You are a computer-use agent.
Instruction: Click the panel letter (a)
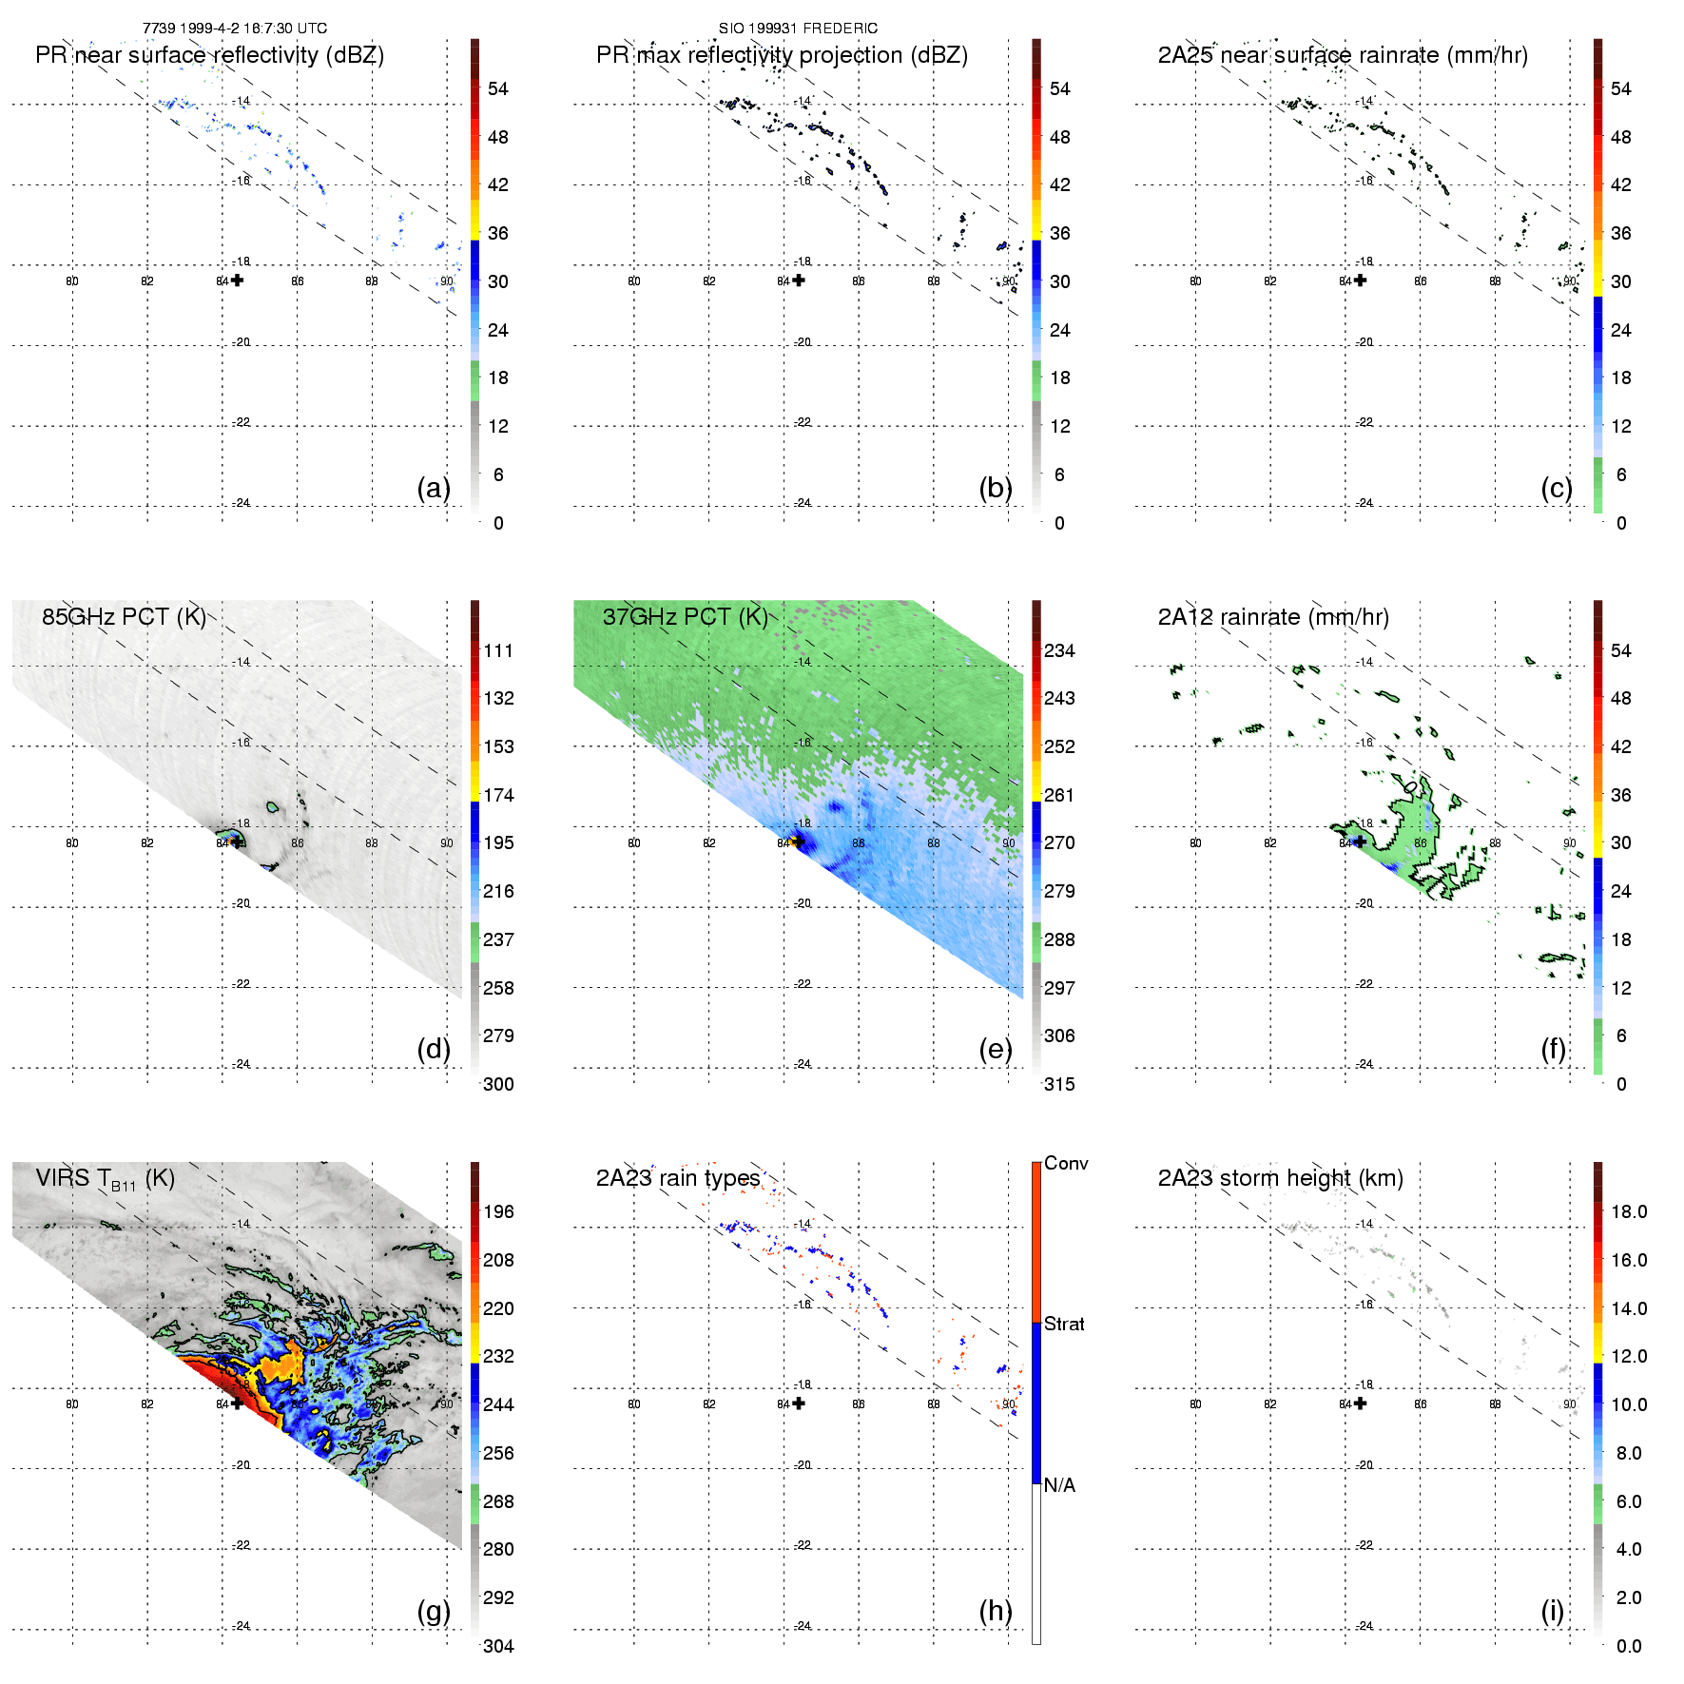point(434,488)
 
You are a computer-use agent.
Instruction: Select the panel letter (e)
point(995,1049)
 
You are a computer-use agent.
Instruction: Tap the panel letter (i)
point(1552,1611)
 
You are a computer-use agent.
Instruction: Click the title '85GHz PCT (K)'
point(124,616)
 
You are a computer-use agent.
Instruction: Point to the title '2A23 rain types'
point(678,1178)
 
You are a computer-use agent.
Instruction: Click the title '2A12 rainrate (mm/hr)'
point(1273,617)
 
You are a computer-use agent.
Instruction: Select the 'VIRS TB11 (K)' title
point(105,1179)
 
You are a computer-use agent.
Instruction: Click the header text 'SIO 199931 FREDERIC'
point(798,29)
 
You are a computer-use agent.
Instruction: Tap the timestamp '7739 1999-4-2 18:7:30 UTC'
point(235,29)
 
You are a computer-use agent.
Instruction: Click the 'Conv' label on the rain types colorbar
point(1066,1163)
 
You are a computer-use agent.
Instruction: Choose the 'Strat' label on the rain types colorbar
point(1064,1324)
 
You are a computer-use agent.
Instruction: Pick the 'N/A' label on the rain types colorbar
point(1059,1485)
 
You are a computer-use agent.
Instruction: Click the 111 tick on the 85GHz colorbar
point(498,650)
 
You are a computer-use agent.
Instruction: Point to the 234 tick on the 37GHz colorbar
point(1059,650)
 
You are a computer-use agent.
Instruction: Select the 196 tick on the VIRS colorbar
point(498,1211)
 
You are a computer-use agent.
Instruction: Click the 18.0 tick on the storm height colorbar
point(1629,1211)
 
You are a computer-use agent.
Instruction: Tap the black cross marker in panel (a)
point(237,280)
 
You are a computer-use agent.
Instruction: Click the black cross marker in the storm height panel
point(1361,1403)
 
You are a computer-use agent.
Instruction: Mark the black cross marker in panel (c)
point(1361,280)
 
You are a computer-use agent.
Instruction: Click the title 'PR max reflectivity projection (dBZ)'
point(782,55)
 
